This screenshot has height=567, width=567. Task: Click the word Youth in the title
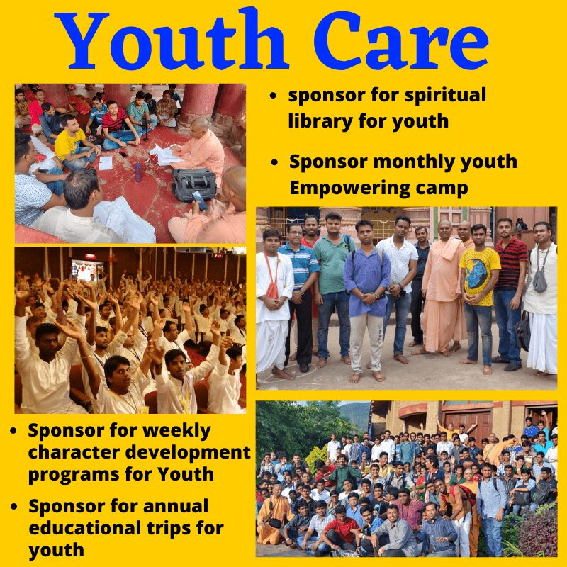(x=172, y=39)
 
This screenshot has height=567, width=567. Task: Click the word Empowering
(x=349, y=189)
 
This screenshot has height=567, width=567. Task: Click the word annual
(x=176, y=507)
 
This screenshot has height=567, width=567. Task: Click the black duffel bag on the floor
(x=194, y=184)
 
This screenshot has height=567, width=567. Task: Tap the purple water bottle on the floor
(x=137, y=172)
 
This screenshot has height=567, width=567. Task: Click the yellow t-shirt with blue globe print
(x=480, y=276)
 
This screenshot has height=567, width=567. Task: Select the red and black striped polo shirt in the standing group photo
(x=510, y=264)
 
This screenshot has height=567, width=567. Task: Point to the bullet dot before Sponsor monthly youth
(x=274, y=162)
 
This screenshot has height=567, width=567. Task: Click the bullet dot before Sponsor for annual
(x=14, y=506)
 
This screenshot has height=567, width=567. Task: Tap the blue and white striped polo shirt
(x=298, y=266)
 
